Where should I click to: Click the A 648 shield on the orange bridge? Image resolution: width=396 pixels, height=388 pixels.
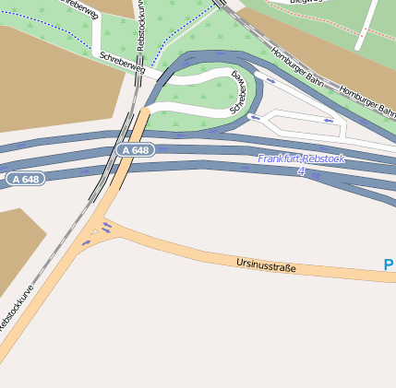[x=135, y=150]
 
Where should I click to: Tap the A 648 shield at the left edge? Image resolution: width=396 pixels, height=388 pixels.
[x=25, y=178]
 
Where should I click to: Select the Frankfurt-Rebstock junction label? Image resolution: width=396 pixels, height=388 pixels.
[x=301, y=159]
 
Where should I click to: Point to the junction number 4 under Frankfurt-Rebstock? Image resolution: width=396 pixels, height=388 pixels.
[x=301, y=171]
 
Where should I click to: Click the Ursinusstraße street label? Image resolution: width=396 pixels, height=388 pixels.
[x=266, y=266]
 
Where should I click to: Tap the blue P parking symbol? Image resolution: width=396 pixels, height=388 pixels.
[x=389, y=265]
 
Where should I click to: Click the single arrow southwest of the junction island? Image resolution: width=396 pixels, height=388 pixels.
[x=86, y=242]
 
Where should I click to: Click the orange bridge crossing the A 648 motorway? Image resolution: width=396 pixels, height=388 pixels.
[x=127, y=161]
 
